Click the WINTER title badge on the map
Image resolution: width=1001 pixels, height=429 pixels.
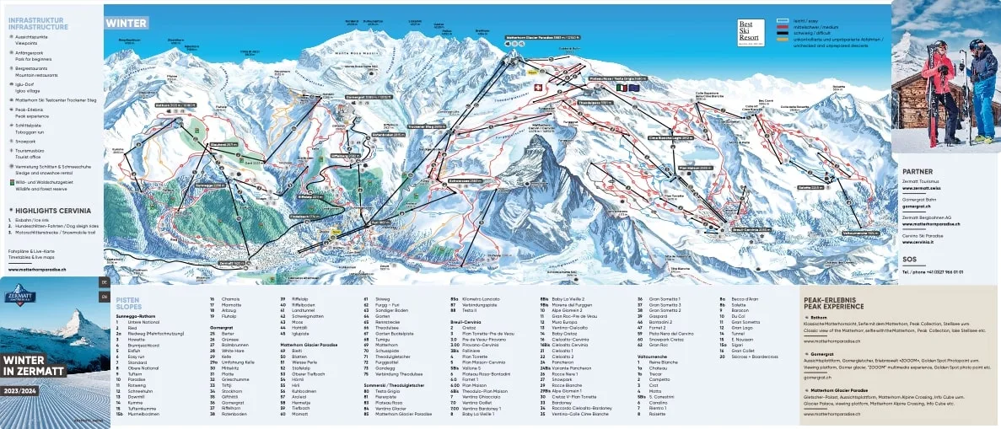click(126, 23)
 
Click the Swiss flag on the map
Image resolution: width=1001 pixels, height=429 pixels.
click(532, 87)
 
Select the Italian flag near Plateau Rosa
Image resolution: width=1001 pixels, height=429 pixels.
click(622, 87)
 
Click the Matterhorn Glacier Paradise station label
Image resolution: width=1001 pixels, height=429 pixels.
click(543, 38)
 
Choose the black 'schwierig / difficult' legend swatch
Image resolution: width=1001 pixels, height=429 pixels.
click(783, 32)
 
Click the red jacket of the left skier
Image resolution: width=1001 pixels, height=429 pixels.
click(938, 76)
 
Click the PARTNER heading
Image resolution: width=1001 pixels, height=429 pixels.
click(917, 171)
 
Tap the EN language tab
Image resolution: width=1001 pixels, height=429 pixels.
click(105, 296)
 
